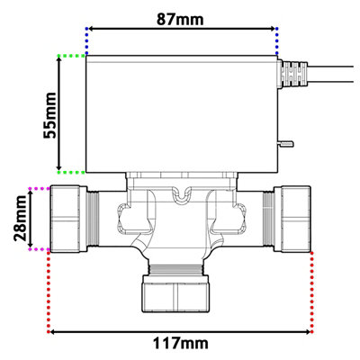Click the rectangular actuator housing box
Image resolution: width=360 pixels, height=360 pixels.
180,112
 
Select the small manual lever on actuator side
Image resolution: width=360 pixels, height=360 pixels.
286,141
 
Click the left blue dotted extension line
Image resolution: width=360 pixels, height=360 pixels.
86,40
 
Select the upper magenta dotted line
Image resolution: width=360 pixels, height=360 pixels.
40,188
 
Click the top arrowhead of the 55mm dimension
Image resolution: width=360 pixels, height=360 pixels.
60,60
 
